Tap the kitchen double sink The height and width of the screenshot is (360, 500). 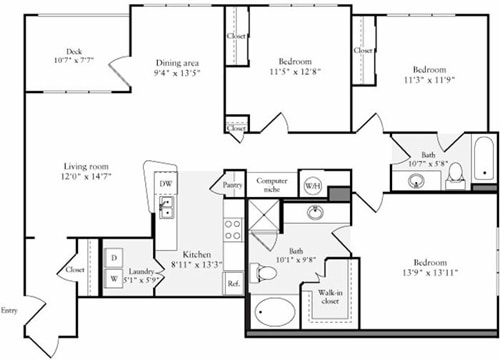(166, 207)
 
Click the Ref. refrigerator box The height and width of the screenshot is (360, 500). (233, 284)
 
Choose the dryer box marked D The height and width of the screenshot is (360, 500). (113, 258)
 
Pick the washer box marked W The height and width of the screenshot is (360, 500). (113, 280)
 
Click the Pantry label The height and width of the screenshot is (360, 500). (233, 184)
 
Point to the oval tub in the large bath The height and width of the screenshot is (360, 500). (273, 313)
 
